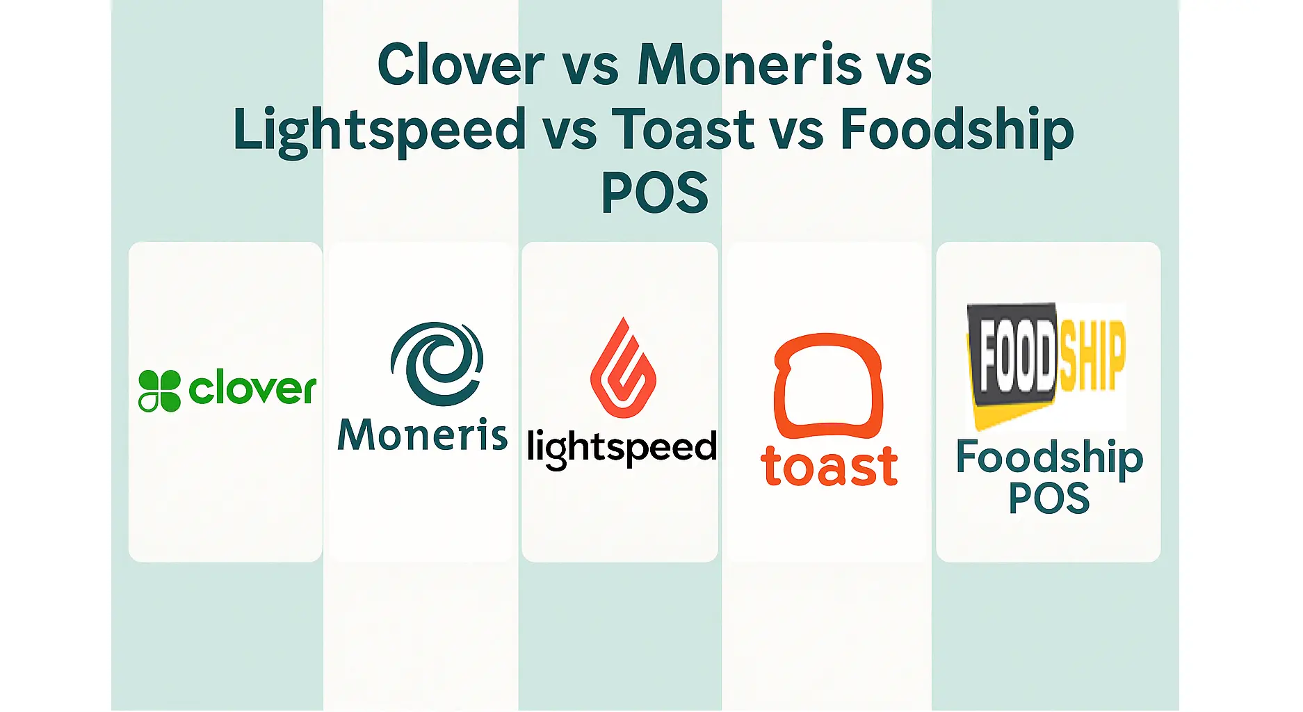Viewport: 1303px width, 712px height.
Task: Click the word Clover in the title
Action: [460, 65]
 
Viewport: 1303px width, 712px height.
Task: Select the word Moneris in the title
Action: [750, 65]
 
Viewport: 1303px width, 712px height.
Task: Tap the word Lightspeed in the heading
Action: [380, 130]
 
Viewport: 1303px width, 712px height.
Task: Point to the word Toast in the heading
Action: [682, 130]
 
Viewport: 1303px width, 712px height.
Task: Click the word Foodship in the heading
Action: [957, 130]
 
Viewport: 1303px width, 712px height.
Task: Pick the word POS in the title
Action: [654, 193]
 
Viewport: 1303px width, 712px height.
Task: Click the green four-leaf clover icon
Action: [159, 390]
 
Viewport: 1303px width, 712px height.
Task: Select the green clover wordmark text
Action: [252, 388]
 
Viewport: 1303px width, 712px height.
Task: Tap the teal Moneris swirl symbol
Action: [437, 363]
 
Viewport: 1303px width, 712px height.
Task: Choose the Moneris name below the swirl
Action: [422, 435]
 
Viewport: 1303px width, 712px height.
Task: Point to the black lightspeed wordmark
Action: [622, 448]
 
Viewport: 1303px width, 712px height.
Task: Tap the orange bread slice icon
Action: [828, 385]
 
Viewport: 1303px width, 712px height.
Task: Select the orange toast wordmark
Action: [829, 466]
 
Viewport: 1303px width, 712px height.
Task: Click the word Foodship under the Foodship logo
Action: [1049, 458]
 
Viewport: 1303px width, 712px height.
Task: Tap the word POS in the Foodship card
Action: [1049, 498]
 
